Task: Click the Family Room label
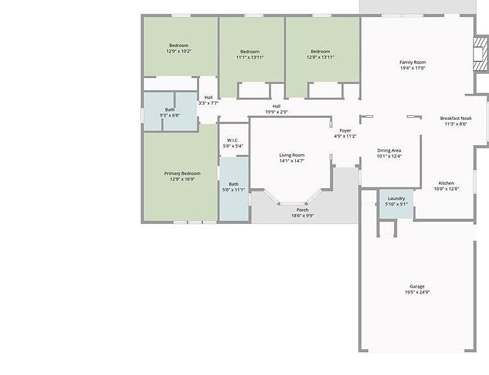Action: tap(412, 62)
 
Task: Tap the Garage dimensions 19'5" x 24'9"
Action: tap(417, 292)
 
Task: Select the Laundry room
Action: tap(397, 204)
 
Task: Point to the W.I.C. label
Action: tap(233, 140)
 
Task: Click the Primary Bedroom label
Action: tap(183, 173)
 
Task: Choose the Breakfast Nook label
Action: tap(456, 118)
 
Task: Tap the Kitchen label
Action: tap(446, 183)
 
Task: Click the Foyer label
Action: tap(345, 130)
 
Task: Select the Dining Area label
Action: tap(390, 150)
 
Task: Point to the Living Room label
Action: tap(292, 155)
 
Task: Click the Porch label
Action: tap(302, 210)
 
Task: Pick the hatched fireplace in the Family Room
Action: tap(481, 54)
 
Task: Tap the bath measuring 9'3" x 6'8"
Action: tap(170, 112)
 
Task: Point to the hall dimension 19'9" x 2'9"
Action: tap(276, 112)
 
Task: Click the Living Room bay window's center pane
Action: tap(293, 204)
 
